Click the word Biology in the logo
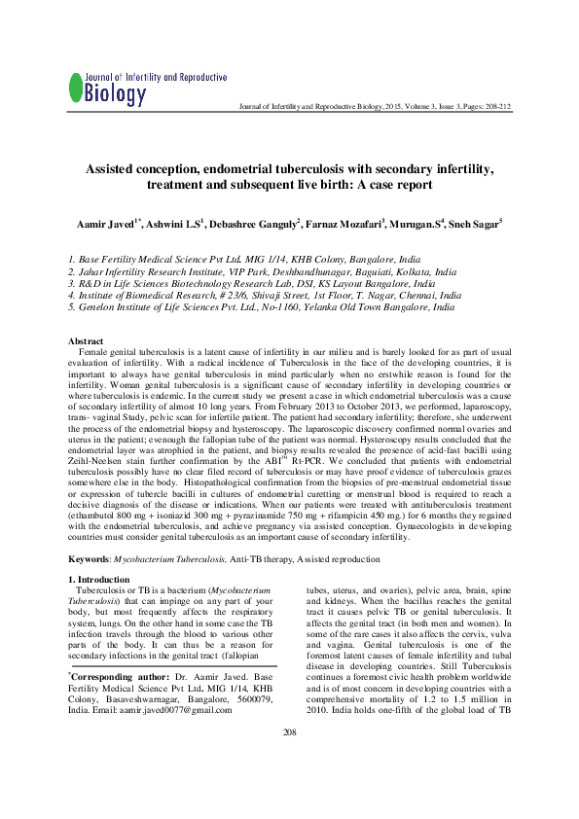click(x=116, y=94)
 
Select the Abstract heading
click(x=87, y=341)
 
